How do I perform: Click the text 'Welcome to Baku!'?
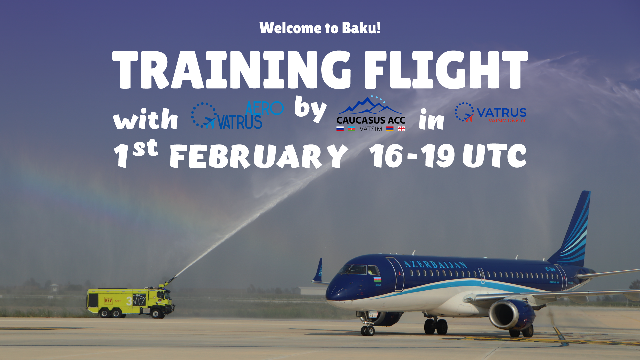pyautogui.click(x=320, y=28)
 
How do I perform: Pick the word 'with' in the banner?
pyautogui.click(x=146, y=119)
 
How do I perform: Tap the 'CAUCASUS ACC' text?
pyautogui.click(x=371, y=120)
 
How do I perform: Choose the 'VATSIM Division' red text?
pyautogui.click(x=507, y=121)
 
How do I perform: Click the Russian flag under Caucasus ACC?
pyautogui.click(x=340, y=129)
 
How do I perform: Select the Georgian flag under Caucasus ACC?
pyautogui.click(x=402, y=129)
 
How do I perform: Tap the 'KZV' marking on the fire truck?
pyautogui.click(x=108, y=300)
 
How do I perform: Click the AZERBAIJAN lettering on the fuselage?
pyautogui.click(x=435, y=265)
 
